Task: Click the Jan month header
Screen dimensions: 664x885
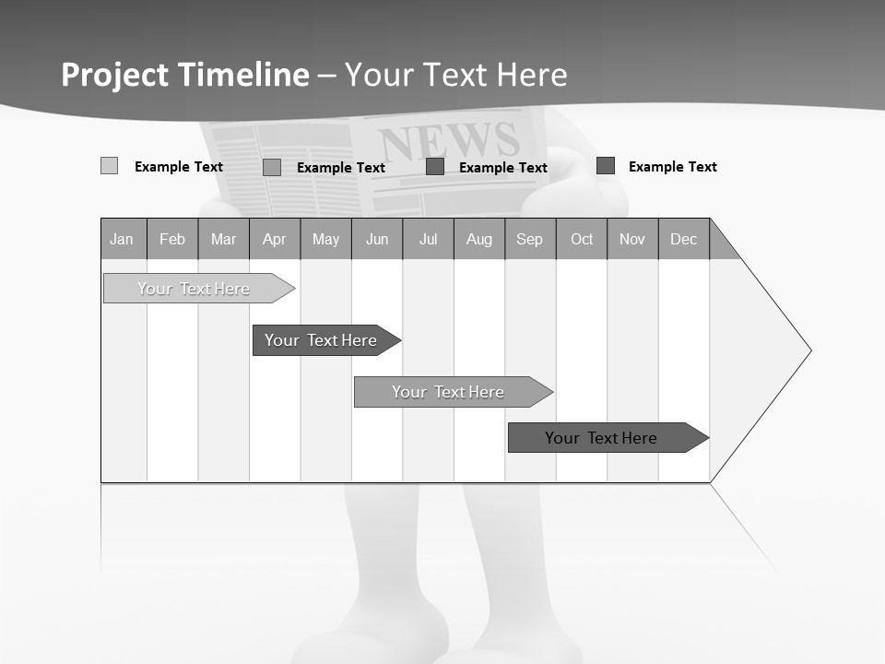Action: [x=123, y=239]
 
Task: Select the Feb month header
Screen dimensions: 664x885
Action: [x=172, y=239]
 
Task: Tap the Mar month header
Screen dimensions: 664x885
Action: [x=223, y=239]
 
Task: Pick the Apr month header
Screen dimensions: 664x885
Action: [x=275, y=239]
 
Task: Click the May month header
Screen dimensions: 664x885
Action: [x=325, y=239]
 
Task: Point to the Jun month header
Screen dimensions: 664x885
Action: [x=377, y=239]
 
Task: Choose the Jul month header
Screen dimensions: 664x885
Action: [x=428, y=239]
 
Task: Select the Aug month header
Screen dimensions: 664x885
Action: [x=479, y=239]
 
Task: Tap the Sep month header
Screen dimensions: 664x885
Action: [x=530, y=239]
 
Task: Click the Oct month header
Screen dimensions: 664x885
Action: [x=582, y=239]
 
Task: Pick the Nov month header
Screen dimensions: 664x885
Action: [x=632, y=239]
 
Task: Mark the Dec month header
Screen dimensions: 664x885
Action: [x=684, y=239]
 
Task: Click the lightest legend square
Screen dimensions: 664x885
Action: [x=109, y=166]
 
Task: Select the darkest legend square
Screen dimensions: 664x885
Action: [x=605, y=166]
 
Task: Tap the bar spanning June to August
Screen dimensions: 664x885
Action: [x=449, y=392]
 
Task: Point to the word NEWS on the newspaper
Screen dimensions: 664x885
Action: [x=449, y=140]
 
